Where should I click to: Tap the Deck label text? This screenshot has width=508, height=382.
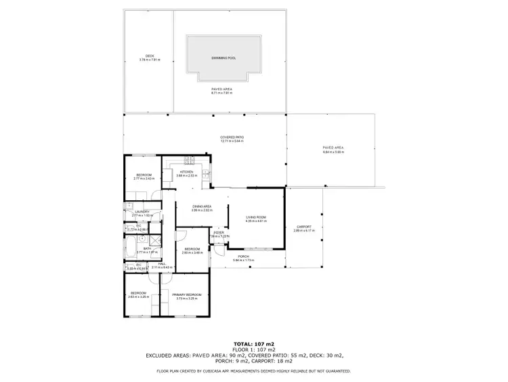coord(150,56)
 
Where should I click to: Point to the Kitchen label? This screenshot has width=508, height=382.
coord(186,172)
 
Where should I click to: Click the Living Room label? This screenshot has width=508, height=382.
coord(256,217)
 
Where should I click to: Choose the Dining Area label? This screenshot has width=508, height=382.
coord(202,206)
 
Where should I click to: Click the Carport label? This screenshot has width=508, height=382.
coord(303,227)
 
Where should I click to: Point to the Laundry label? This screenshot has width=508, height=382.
coord(142,212)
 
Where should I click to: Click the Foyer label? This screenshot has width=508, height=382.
coord(219,233)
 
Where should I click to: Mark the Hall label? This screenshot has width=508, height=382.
coord(163,264)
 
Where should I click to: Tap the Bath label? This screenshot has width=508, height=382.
coord(147,248)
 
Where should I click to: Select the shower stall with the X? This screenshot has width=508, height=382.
coord(155,240)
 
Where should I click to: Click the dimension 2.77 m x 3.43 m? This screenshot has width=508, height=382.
coord(144,178)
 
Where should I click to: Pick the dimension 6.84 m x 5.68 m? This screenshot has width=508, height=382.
coord(334,152)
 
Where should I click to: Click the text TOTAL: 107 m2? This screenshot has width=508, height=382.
coord(253,344)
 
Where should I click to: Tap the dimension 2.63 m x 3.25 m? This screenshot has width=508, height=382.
coord(138,297)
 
